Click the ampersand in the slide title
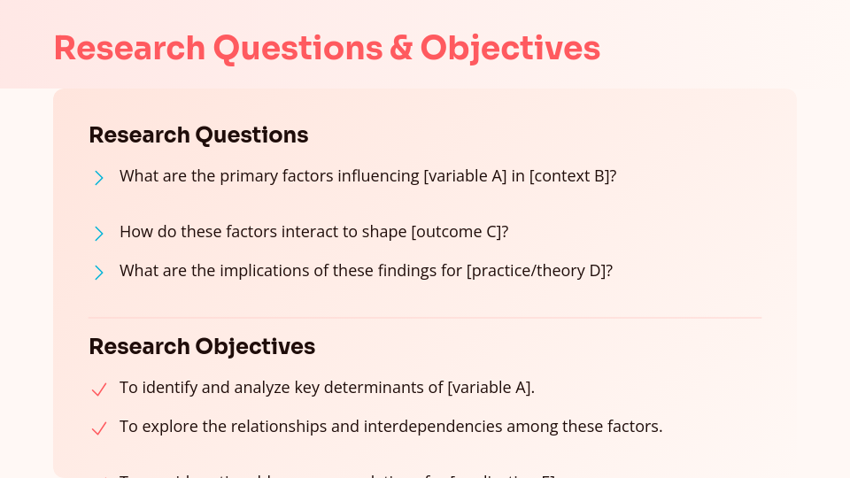pos(400,48)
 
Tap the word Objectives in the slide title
pos(510,48)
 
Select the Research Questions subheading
pos(198,135)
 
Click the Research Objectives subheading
pos(202,346)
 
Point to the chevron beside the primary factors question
pos(98,177)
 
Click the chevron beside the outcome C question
pos(98,233)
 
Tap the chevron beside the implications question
pos(98,272)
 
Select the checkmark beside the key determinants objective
pos(99,389)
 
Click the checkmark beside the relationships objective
pos(99,428)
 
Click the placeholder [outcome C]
pos(460,232)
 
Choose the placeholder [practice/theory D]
pos(539,271)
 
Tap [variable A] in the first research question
pos(466,176)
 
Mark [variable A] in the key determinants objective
pos(491,388)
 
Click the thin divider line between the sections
pos(425,318)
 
